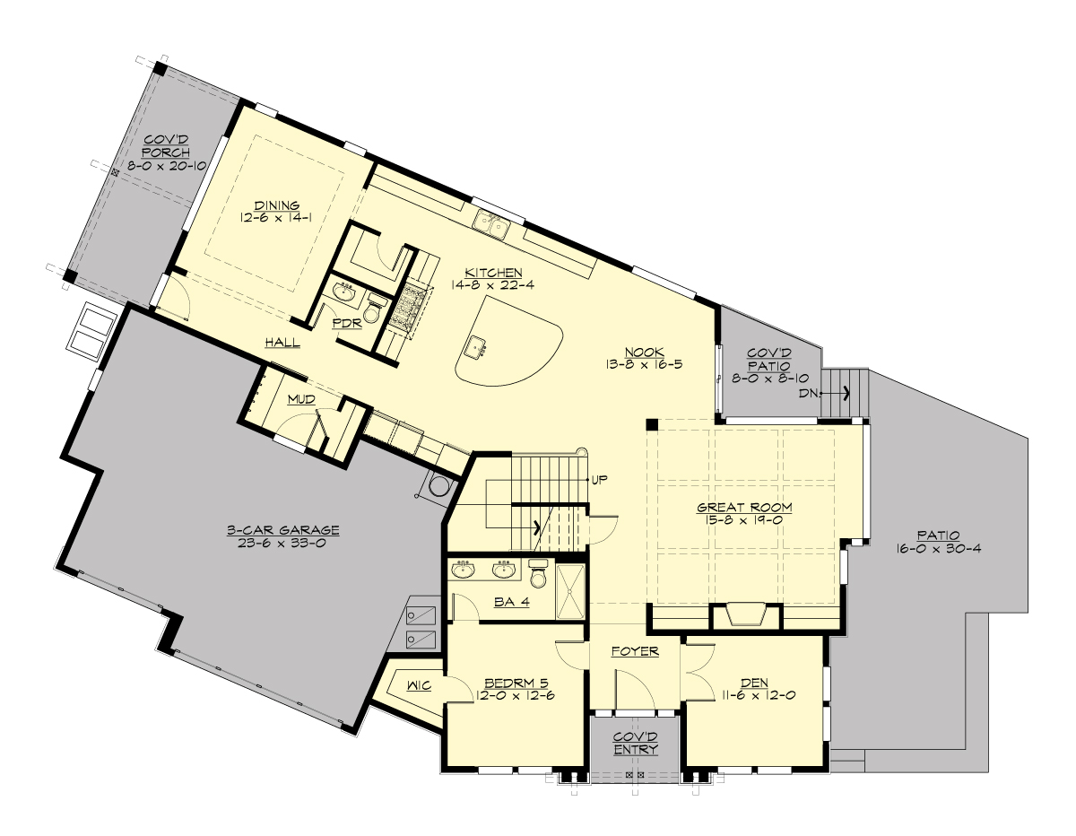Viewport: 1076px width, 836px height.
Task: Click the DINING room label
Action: coord(275,205)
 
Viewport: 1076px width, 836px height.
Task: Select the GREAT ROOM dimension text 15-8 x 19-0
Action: coord(745,520)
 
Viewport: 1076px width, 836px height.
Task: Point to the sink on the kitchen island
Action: coord(475,345)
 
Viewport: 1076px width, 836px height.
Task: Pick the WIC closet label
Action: coord(419,687)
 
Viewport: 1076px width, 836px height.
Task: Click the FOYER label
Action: coord(635,651)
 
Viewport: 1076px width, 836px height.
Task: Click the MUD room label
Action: coord(301,399)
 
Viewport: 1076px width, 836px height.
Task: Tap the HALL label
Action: coord(282,343)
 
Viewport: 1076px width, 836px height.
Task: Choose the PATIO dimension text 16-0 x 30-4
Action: coord(937,549)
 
